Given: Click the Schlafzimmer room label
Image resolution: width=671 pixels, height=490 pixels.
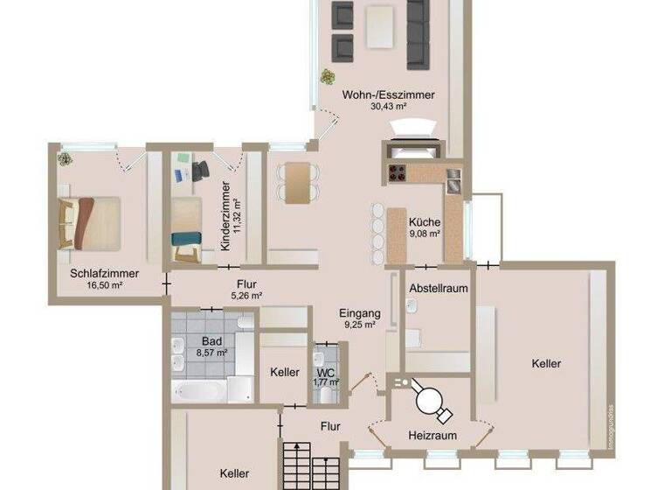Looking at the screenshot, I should [95, 273].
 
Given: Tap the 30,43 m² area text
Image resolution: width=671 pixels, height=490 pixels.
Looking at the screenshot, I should [389, 106].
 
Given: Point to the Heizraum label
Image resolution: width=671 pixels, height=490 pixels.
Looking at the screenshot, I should [429, 435].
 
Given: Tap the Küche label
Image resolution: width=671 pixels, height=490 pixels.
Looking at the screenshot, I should [425, 222].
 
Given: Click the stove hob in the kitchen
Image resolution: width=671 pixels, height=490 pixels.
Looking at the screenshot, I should [398, 171].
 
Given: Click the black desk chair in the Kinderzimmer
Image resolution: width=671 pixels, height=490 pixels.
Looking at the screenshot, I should [203, 169].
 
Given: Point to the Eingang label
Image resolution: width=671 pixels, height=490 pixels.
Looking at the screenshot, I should [359, 312].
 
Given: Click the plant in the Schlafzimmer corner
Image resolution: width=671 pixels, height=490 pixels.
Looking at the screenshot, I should [65, 158].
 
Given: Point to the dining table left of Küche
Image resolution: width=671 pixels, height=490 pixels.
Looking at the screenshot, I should [298, 182].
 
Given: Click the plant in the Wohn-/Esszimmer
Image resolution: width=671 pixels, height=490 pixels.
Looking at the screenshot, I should [328, 76].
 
